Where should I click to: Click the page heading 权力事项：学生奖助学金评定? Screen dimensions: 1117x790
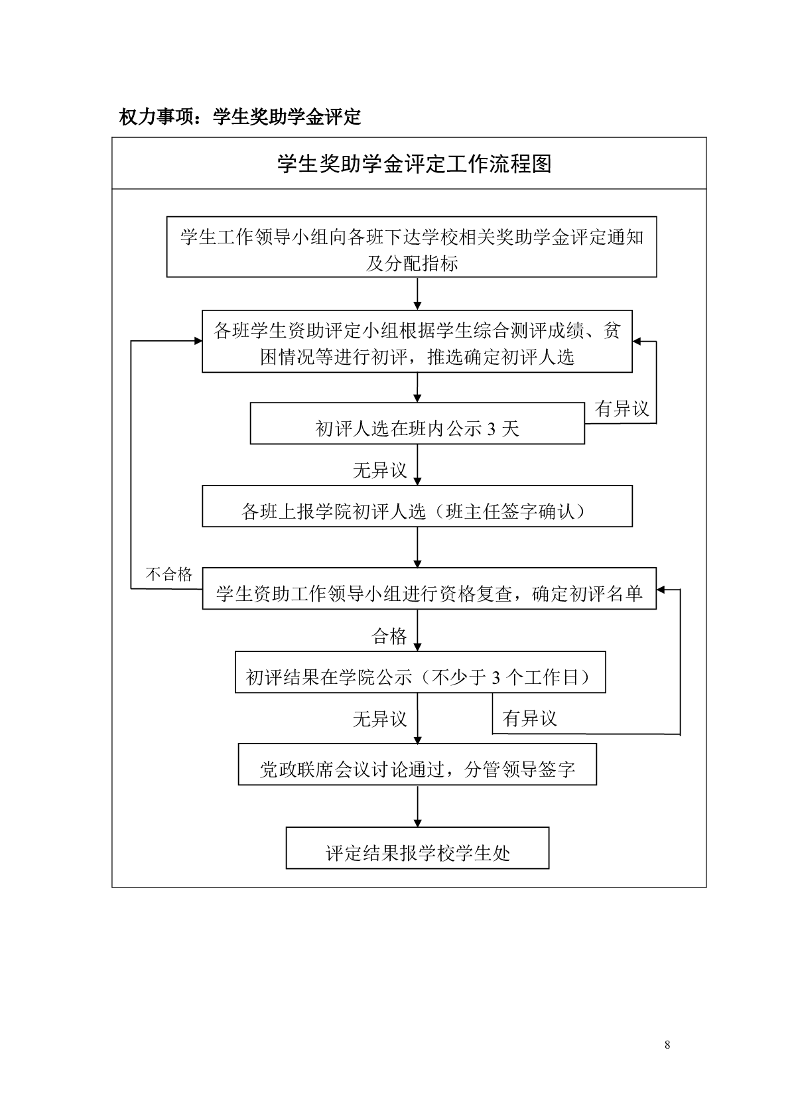coord(239,117)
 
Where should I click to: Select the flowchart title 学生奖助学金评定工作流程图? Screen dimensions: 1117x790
coord(414,164)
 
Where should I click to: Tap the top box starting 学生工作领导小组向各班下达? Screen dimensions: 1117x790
coord(411,247)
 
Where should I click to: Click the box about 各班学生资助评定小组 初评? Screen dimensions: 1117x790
coord(417,341)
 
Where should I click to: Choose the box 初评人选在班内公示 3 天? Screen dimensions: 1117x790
coord(417,424)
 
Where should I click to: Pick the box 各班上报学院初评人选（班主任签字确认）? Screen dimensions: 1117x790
coord(417,507)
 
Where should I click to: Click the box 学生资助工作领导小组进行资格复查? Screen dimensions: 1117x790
coord(428,588)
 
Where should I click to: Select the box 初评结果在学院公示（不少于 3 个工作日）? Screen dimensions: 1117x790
coord(420,673)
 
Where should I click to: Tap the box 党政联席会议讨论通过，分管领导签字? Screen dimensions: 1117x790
coord(417,765)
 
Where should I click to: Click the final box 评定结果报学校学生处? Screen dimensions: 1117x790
coord(417,848)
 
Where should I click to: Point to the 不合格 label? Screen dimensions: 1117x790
coord(168,574)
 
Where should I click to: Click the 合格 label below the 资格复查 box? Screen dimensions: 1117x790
coord(389,637)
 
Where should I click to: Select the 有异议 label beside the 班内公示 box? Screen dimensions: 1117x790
coord(622,409)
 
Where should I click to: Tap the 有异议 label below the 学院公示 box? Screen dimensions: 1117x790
coord(529,718)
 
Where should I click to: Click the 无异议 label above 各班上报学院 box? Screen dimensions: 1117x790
coord(379,471)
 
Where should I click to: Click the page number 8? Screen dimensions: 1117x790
coord(667,1045)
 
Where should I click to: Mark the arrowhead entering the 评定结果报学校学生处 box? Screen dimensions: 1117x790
coord(417,822)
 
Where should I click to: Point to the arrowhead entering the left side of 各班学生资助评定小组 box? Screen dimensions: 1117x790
coord(198,341)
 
